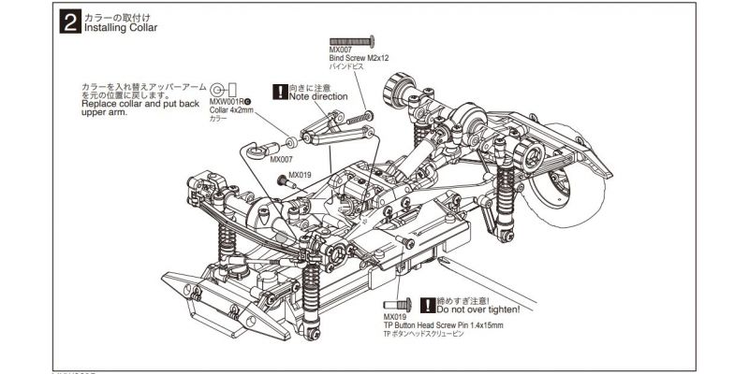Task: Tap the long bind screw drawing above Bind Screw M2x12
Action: point(353,42)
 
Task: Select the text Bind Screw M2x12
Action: point(360,59)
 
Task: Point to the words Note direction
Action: point(318,95)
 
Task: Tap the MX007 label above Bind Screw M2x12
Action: point(341,51)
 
